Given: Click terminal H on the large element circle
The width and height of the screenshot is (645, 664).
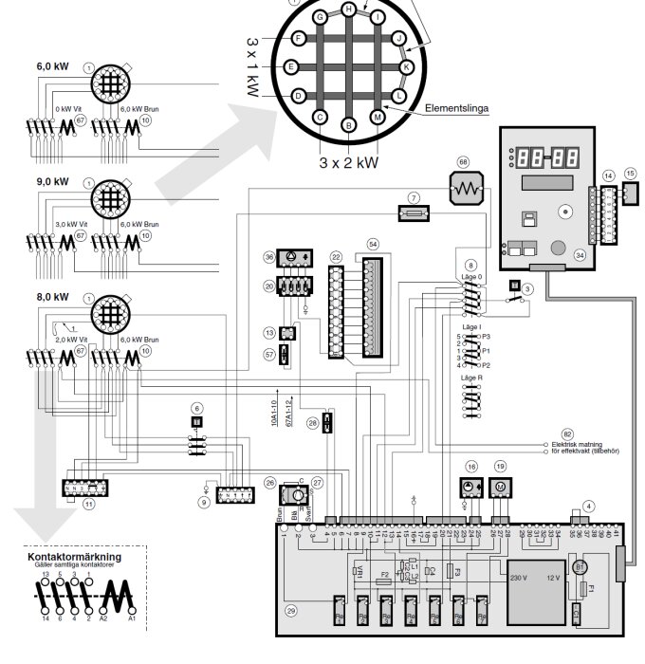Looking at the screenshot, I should pos(349,9).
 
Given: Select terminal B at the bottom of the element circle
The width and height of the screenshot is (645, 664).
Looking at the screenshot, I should pos(349,125).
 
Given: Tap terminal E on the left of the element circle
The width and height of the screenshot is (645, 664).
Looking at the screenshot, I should pos(292,67).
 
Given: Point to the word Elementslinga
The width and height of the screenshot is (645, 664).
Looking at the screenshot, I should pos(457,108).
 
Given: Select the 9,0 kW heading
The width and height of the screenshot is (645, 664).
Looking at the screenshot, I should pos(53,181).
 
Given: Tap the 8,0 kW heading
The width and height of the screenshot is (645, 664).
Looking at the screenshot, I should pos(53,296).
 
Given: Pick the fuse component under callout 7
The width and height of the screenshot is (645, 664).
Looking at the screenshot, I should pos(413,217).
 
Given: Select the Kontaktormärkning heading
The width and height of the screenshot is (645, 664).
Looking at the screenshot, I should pos(75,556).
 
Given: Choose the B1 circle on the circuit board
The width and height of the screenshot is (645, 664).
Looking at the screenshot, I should pos(580,567).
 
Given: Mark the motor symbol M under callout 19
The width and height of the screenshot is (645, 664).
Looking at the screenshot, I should pos(501,488).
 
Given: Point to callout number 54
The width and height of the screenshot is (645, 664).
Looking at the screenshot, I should pos(373,245).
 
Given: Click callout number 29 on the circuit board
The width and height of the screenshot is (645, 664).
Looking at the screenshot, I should pos(291,610).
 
